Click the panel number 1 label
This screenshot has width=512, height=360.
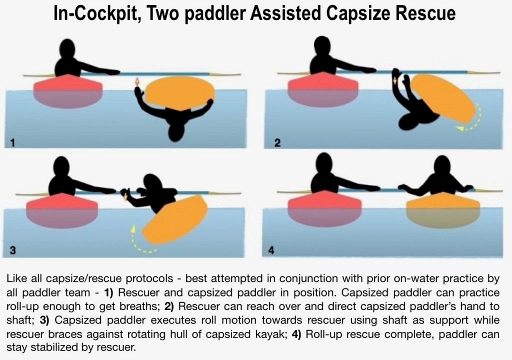click(x=12, y=143)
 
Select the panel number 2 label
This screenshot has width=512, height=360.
click(x=277, y=143)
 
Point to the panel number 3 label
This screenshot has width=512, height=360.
click(x=12, y=250)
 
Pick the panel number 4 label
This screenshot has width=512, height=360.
click(x=271, y=250)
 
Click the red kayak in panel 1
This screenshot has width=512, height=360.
click(x=68, y=91)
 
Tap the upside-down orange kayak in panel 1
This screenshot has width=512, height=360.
click(x=179, y=93)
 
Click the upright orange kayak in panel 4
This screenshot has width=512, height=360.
click(x=443, y=209)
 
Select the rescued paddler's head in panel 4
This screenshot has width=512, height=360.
click(x=442, y=166)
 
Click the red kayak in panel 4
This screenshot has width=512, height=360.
click(x=324, y=208)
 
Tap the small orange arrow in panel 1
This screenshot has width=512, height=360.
click(x=137, y=82)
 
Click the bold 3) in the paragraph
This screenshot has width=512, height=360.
click(x=44, y=320)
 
